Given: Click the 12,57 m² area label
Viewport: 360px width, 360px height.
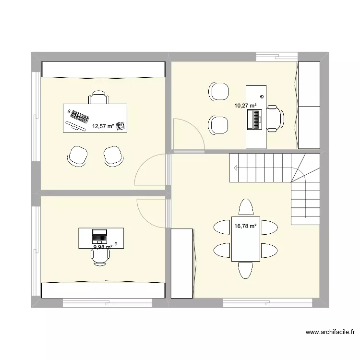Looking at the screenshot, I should pyautogui.click(x=103, y=127).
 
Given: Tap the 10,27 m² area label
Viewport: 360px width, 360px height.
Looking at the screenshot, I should pyautogui.click(x=245, y=106).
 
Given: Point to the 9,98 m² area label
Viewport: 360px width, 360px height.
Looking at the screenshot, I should pyautogui.click(x=103, y=247).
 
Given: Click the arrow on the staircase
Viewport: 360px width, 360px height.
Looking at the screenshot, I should pyautogui.click(x=236, y=168).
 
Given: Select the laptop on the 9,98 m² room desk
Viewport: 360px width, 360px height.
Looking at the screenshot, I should pyautogui.click(x=99, y=236).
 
